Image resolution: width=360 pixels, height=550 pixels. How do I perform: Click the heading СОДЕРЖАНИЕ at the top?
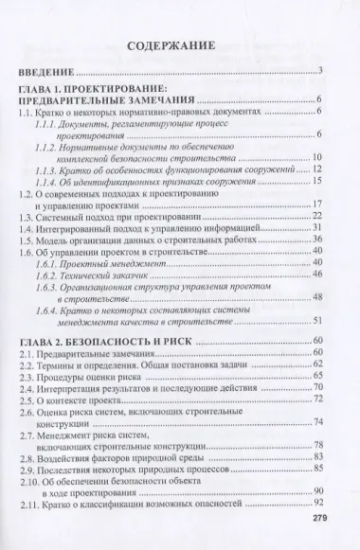click(179, 45)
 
